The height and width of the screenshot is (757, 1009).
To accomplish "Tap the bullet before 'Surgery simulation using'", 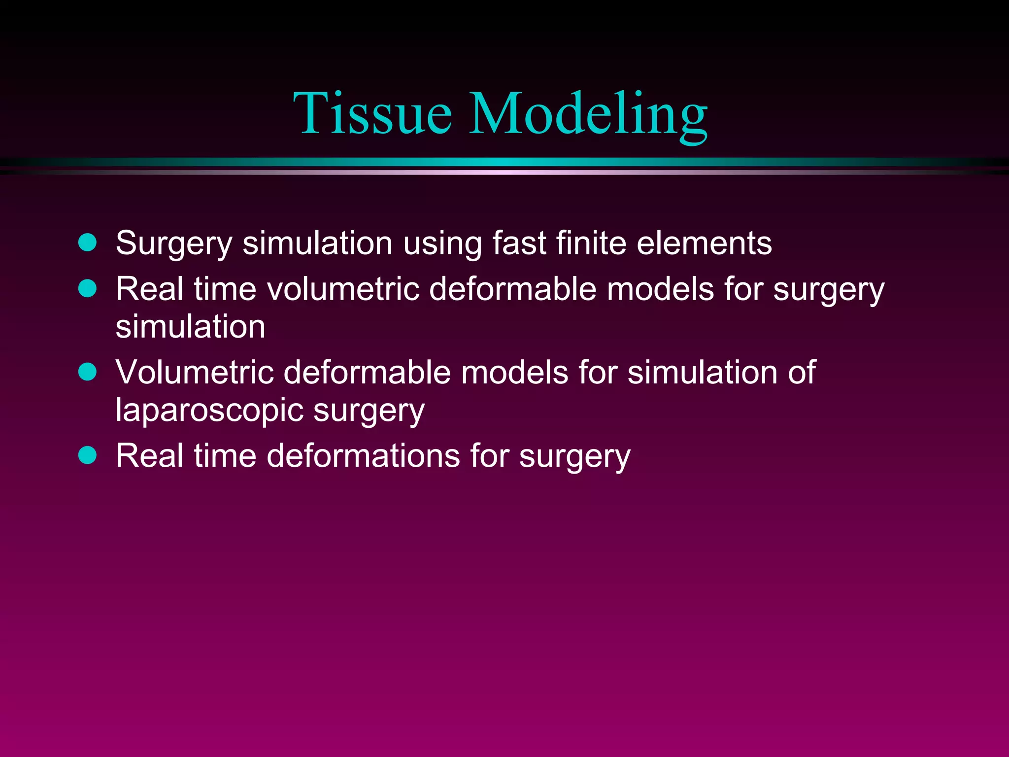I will coord(88,242).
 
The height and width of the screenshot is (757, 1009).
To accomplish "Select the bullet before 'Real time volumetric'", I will coord(88,288).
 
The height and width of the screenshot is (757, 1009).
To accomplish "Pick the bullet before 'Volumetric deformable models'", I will coord(88,372).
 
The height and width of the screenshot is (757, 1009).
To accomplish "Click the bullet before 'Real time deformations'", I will coord(88,455).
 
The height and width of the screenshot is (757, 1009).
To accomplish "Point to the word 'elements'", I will coord(704,243).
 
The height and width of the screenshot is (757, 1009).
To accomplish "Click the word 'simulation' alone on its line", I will coord(190,327).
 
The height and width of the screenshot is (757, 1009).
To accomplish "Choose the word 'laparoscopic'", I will coord(209,411).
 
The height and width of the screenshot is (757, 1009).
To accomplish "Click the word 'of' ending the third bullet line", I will coord(802,372).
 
